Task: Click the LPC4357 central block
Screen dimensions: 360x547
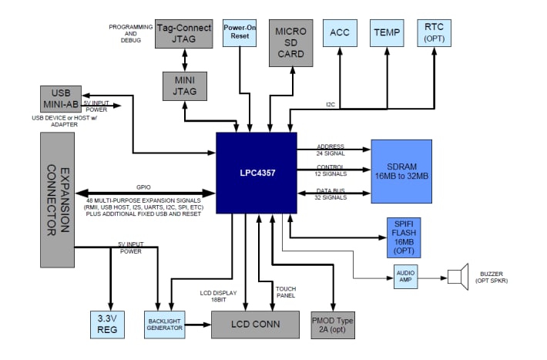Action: click(x=256, y=173)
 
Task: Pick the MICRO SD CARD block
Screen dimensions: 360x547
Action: click(x=291, y=42)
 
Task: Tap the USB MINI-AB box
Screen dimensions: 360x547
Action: click(x=61, y=99)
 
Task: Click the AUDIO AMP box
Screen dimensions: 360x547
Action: click(x=405, y=277)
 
